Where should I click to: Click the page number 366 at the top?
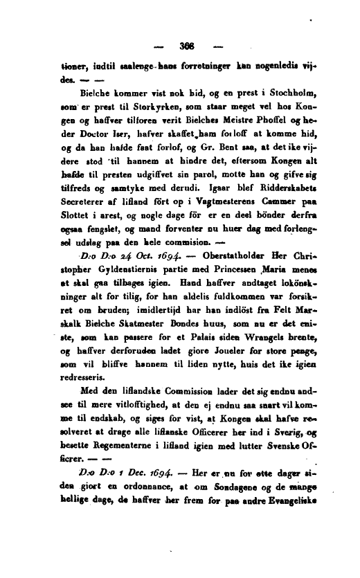coord(184,48)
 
